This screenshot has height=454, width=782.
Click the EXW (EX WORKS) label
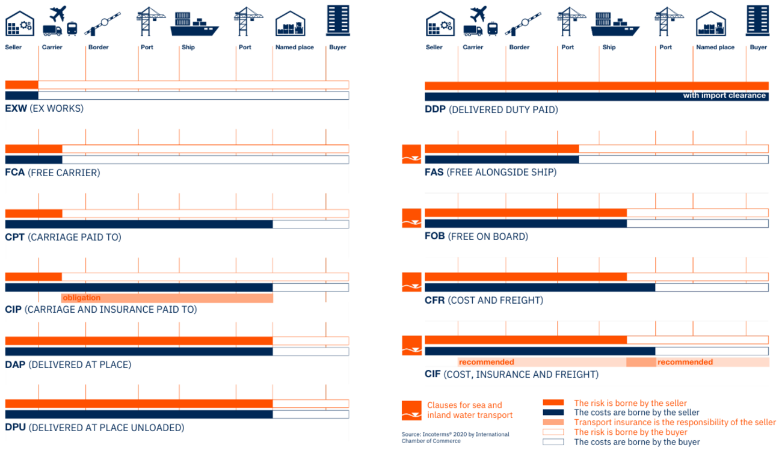click(45, 109)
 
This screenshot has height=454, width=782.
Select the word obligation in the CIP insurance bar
click(81, 298)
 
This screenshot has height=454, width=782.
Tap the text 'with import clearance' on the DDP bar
click(724, 96)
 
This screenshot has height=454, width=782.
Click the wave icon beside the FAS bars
click(411, 154)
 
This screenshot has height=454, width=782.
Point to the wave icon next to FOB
click(411, 218)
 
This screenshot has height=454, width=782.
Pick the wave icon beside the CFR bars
click(411, 282)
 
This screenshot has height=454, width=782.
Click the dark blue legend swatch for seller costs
click(553, 413)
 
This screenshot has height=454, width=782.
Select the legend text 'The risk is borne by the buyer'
click(630, 432)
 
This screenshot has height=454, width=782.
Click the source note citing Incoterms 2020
click(455, 437)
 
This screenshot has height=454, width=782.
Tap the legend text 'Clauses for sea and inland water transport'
click(469, 410)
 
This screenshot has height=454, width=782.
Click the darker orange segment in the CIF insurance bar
click(641, 363)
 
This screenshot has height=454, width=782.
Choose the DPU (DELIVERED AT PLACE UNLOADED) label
click(94, 428)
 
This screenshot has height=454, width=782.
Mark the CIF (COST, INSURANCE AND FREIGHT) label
click(511, 375)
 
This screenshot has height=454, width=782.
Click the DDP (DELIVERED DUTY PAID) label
click(491, 110)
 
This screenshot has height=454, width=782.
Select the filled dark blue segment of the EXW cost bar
click(22, 96)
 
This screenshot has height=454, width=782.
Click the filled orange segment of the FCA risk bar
click(34, 149)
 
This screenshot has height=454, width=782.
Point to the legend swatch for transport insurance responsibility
click(553, 422)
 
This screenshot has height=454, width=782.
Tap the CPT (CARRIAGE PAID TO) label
click(63, 237)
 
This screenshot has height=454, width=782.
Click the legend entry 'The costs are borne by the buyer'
click(637, 442)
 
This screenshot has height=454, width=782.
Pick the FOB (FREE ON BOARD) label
click(476, 236)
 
